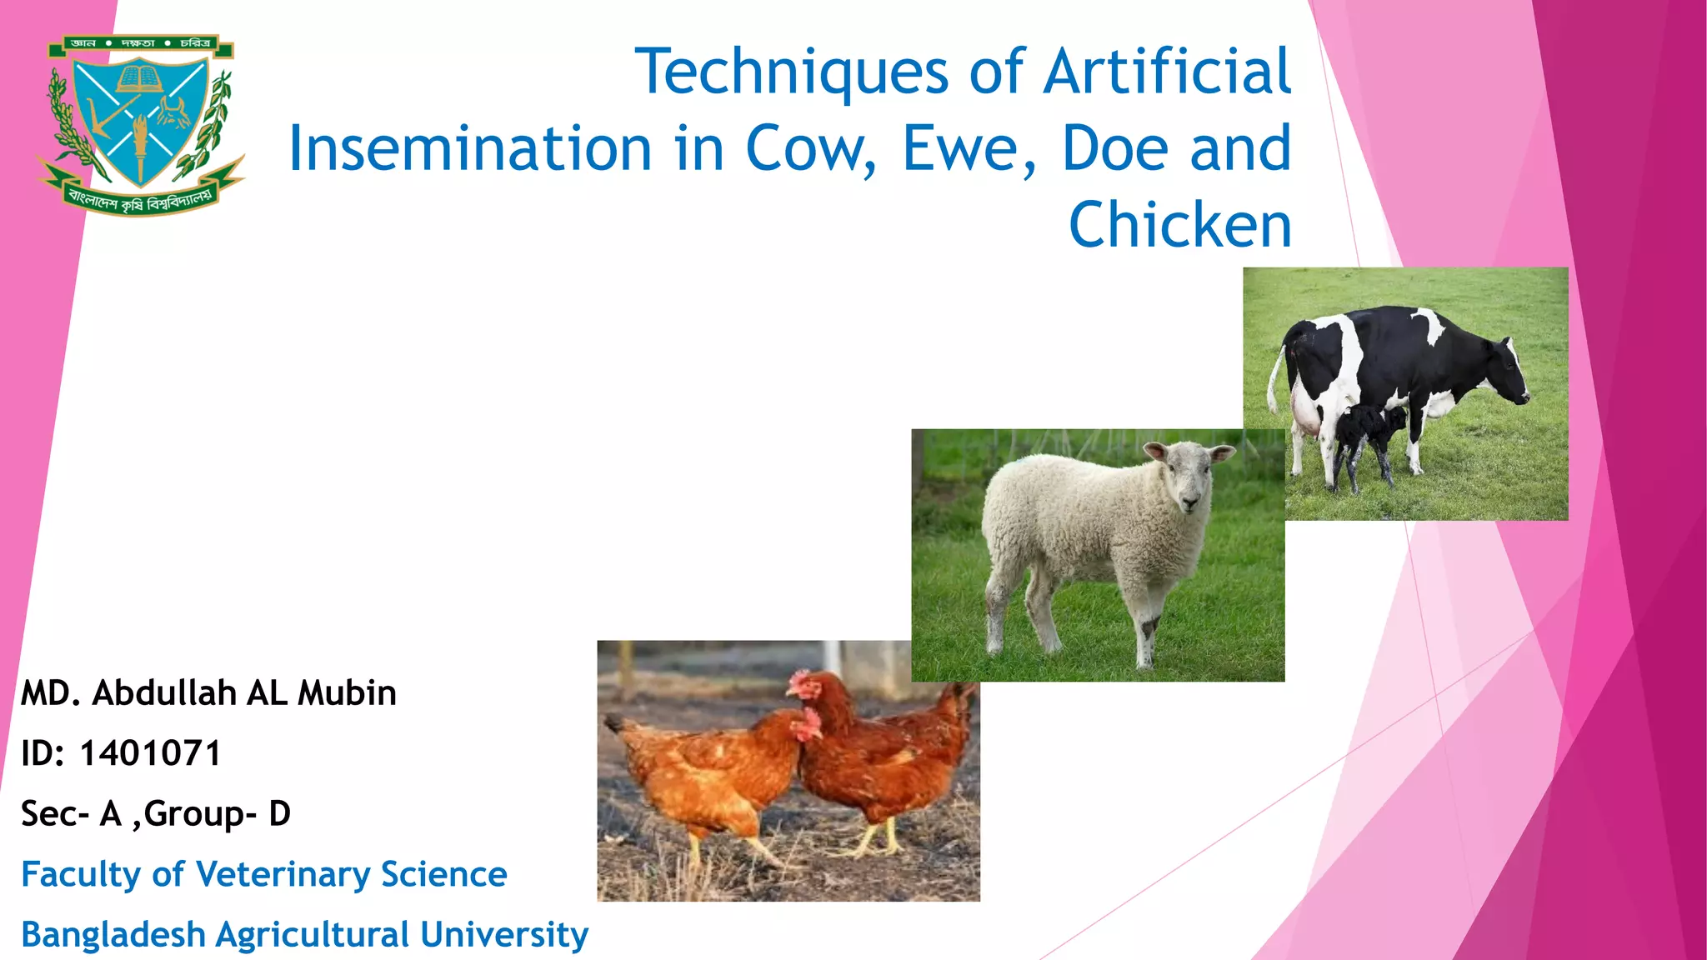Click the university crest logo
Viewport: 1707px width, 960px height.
[x=140, y=123]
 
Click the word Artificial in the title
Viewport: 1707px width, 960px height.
[x=1167, y=72]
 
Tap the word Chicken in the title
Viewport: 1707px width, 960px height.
[x=1179, y=225]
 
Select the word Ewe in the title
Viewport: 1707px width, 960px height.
[x=969, y=148]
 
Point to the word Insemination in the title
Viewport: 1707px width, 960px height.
[x=469, y=148]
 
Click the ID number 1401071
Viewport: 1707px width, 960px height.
[x=150, y=753]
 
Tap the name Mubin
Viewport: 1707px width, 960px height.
[x=347, y=693]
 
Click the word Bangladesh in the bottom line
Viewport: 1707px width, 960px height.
[x=113, y=934]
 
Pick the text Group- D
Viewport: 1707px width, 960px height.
[x=217, y=814]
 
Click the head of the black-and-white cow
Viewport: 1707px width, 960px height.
[x=1509, y=371]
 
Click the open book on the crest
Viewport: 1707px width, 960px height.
[x=140, y=79]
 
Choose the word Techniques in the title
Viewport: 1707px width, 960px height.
[x=792, y=72]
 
